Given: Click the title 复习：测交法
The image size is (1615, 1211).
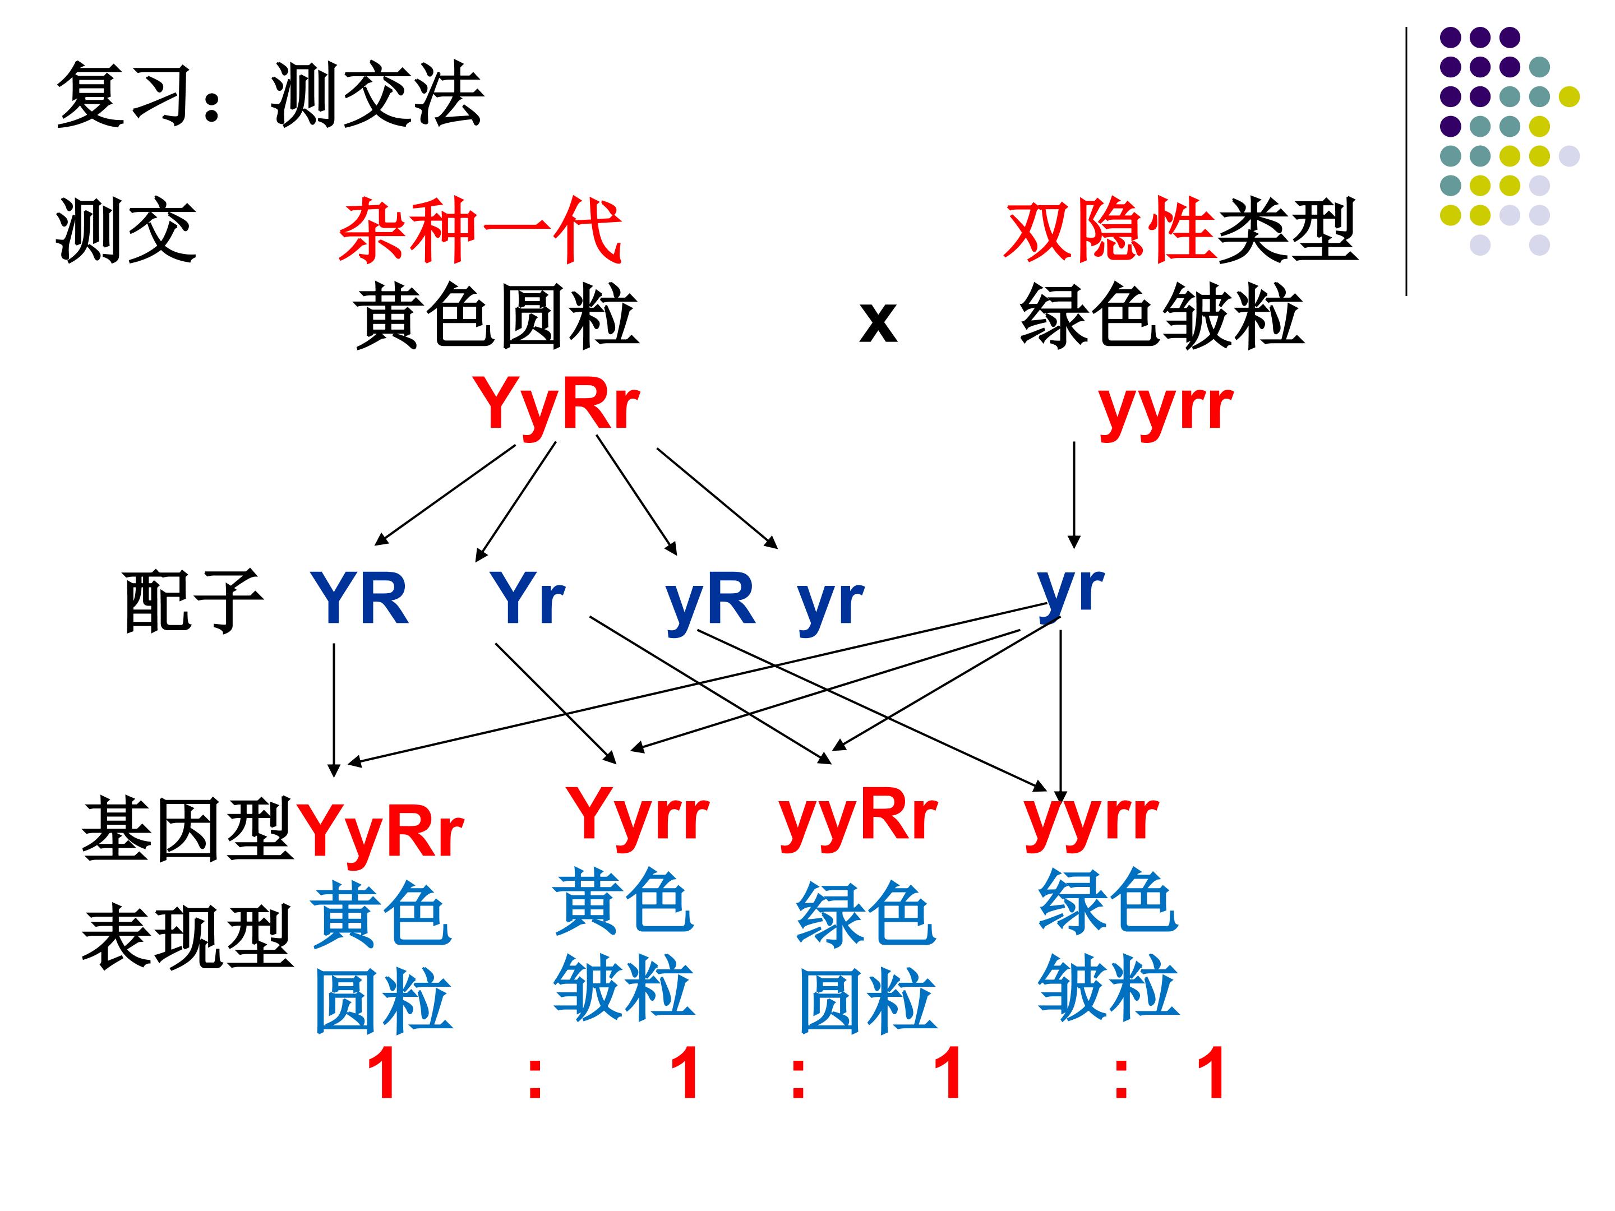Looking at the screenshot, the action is tap(270, 95).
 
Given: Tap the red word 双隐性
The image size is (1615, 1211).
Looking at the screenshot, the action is tap(1110, 230).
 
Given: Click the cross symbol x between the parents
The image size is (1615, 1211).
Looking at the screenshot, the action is tap(878, 321).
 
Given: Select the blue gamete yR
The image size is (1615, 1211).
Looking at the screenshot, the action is tap(710, 603).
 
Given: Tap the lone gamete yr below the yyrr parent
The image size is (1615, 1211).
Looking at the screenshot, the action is tap(1070, 591).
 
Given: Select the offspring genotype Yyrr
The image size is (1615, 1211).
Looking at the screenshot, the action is tap(638, 817).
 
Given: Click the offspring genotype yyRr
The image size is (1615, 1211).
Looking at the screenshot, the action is tap(859, 817).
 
